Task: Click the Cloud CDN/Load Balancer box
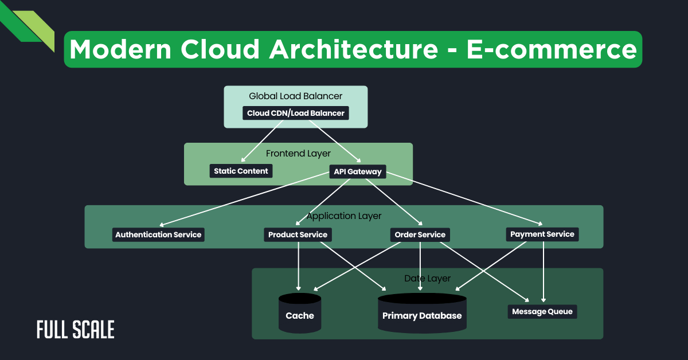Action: (x=295, y=113)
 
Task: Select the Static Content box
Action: (x=241, y=171)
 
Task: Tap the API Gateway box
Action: (x=357, y=171)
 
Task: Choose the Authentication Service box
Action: (x=158, y=234)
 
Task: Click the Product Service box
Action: (x=298, y=234)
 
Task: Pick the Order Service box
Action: (x=420, y=234)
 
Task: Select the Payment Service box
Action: (x=542, y=234)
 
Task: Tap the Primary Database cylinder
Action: (x=421, y=315)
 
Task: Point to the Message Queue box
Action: (x=542, y=312)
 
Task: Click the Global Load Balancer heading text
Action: (x=295, y=96)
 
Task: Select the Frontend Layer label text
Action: (x=298, y=154)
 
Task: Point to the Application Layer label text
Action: (x=344, y=216)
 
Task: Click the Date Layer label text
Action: (x=427, y=279)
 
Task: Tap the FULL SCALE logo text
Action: (x=76, y=330)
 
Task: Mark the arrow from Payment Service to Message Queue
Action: (x=543, y=269)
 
